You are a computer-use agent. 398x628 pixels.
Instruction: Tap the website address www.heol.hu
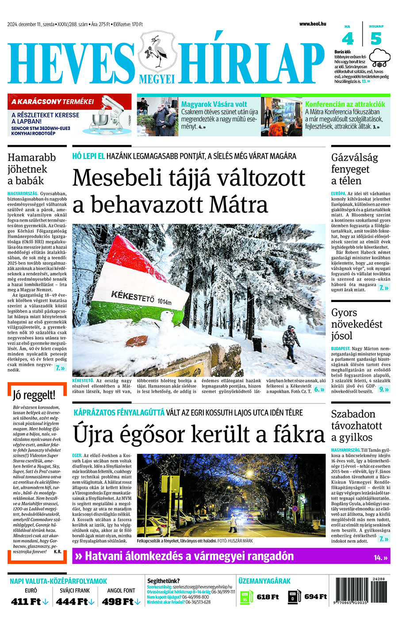point(313,24)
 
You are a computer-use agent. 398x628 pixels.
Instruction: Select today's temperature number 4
point(348,39)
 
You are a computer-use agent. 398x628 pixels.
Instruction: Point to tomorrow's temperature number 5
point(376,39)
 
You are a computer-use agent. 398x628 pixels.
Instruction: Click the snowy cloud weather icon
point(380,58)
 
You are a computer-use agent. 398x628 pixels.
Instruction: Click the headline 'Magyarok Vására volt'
point(214,104)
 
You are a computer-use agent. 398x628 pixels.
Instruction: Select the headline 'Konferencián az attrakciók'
point(345,104)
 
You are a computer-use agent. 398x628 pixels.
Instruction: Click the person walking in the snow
point(290,343)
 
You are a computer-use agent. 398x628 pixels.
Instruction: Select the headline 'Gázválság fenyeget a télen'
point(354,169)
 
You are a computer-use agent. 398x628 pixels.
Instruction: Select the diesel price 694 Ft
point(315,597)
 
